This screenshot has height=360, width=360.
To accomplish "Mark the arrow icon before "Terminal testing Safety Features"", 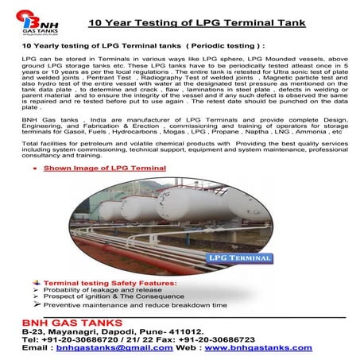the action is pos(34,282).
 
